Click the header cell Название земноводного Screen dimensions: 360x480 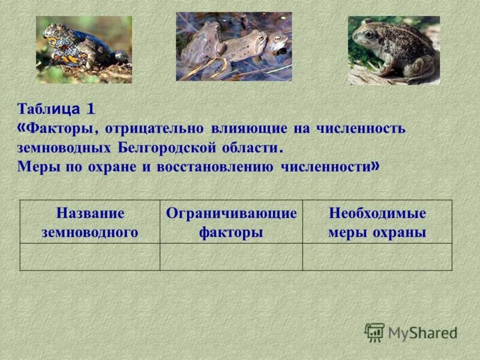[x=90, y=223]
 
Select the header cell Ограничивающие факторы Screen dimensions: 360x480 [x=231, y=223]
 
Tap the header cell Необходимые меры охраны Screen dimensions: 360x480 [x=377, y=223]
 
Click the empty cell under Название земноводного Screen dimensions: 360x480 [x=90, y=257]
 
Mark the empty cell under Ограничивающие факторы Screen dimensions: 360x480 [x=231, y=257]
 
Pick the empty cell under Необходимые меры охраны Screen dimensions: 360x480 [x=377, y=257]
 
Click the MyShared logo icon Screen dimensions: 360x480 [x=374, y=332]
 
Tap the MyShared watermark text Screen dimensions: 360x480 [x=422, y=333]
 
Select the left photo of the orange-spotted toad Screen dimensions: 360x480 [x=83, y=49]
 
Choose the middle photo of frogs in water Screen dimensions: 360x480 [x=233, y=46]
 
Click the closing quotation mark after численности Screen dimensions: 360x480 [x=375, y=166]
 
